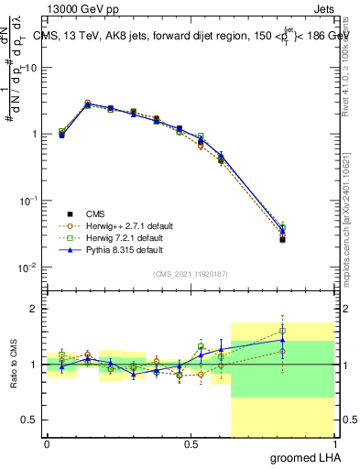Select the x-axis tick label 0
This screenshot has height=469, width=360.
coord(47,444)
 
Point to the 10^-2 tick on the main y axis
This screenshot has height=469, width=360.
coord(30,267)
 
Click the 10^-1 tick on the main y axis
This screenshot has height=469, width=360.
coord(30,201)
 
